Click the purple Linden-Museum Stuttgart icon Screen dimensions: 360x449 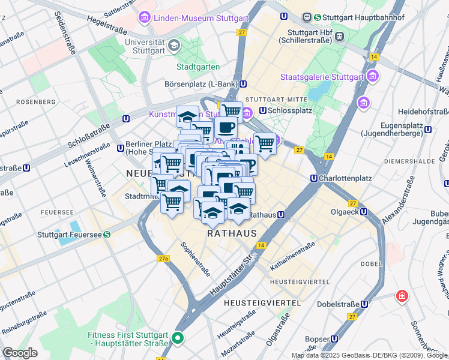[144, 18]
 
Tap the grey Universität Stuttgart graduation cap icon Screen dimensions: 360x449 [173, 45]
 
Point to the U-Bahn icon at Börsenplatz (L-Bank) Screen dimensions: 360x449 [242, 85]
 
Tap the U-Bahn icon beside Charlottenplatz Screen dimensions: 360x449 [314, 178]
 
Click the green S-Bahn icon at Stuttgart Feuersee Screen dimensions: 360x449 [106, 235]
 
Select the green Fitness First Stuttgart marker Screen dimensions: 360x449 [177, 338]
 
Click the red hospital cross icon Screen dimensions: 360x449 [400, 296]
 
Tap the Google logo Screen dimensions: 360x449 [20, 352]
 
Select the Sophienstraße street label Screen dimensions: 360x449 [195, 259]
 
